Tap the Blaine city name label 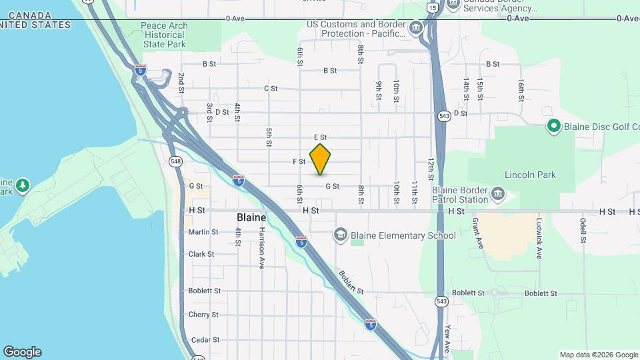(x=251, y=217)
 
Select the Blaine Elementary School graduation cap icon (x=341, y=235)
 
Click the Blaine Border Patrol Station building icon (x=497, y=195)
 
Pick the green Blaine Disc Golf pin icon (x=553, y=126)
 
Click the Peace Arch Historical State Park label (x=164, y=35)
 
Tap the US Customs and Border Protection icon (x=416, y=28)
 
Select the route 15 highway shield (x=433, y=7)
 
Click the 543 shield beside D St (x=443, y=116)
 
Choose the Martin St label (x=203, y=232)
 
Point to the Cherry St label (x=203, y=315)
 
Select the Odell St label (x=583, y=230)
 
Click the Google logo (x=22, y=352)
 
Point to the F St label (x=299, y=161)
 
